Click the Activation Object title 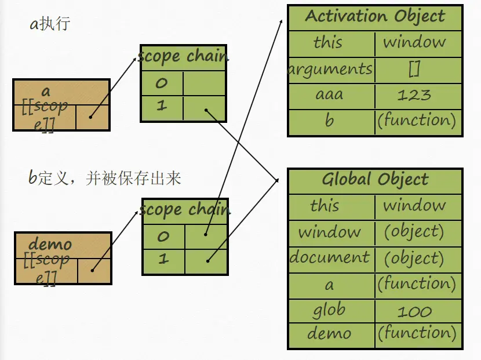point(375,16)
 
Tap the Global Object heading point(375,180)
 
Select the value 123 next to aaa point(414,95)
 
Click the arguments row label point(330,70)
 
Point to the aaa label point(329,95)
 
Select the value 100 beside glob point(414,311)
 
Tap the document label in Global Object point(330,257)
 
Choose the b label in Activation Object point(329,121)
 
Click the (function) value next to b point(417,121)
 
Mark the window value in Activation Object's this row point(414,42)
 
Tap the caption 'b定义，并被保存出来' point(105,177)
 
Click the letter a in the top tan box point(46,91)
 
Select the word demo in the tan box point(50,244)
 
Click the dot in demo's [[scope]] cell point(92,270)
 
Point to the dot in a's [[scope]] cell point(90,116)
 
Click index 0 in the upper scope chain point(161,83)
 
